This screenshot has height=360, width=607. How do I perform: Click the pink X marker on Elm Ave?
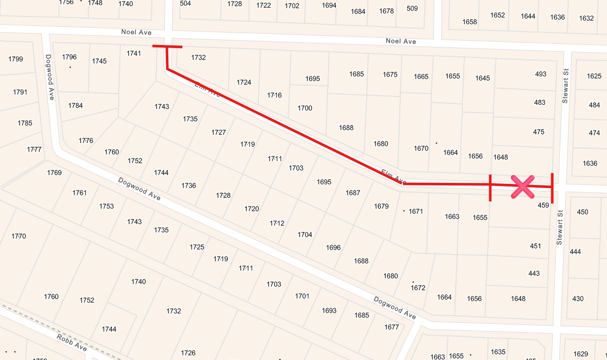(x=522, y=186)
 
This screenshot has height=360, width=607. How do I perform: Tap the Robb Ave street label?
(x=72, y=342)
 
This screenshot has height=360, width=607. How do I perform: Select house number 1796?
(x=69, y=57)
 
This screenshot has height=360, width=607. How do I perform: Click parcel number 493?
(x=540, y=74)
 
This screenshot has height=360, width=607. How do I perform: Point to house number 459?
(x=543, y=205)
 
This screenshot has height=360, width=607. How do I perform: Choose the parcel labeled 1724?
(x=244, y=82)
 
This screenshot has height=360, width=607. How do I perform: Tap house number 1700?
(x=305, y=108)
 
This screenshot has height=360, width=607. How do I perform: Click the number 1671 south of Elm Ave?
(x=416, y=211)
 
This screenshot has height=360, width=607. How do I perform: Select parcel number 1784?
(x=75, y=106)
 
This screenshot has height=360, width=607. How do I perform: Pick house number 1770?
(x=19, y=236)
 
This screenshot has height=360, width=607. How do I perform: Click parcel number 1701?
(x=302, y=296)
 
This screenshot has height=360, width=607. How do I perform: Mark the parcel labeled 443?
(x=534, y=273)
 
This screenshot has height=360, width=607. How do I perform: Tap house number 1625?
(x=594, y=76)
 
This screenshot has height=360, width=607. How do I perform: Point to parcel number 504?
(x=185, y=3)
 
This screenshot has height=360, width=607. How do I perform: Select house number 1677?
(x=392, y=327)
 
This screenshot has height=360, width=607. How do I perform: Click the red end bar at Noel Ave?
(x=167, y=46)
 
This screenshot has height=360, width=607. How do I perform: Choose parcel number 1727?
(x=219, y=132)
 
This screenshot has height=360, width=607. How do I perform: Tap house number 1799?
(x=15, y=59)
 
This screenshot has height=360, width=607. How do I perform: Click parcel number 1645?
(x=483, y=78)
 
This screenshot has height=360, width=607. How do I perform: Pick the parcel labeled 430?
(x=578, y=299)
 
